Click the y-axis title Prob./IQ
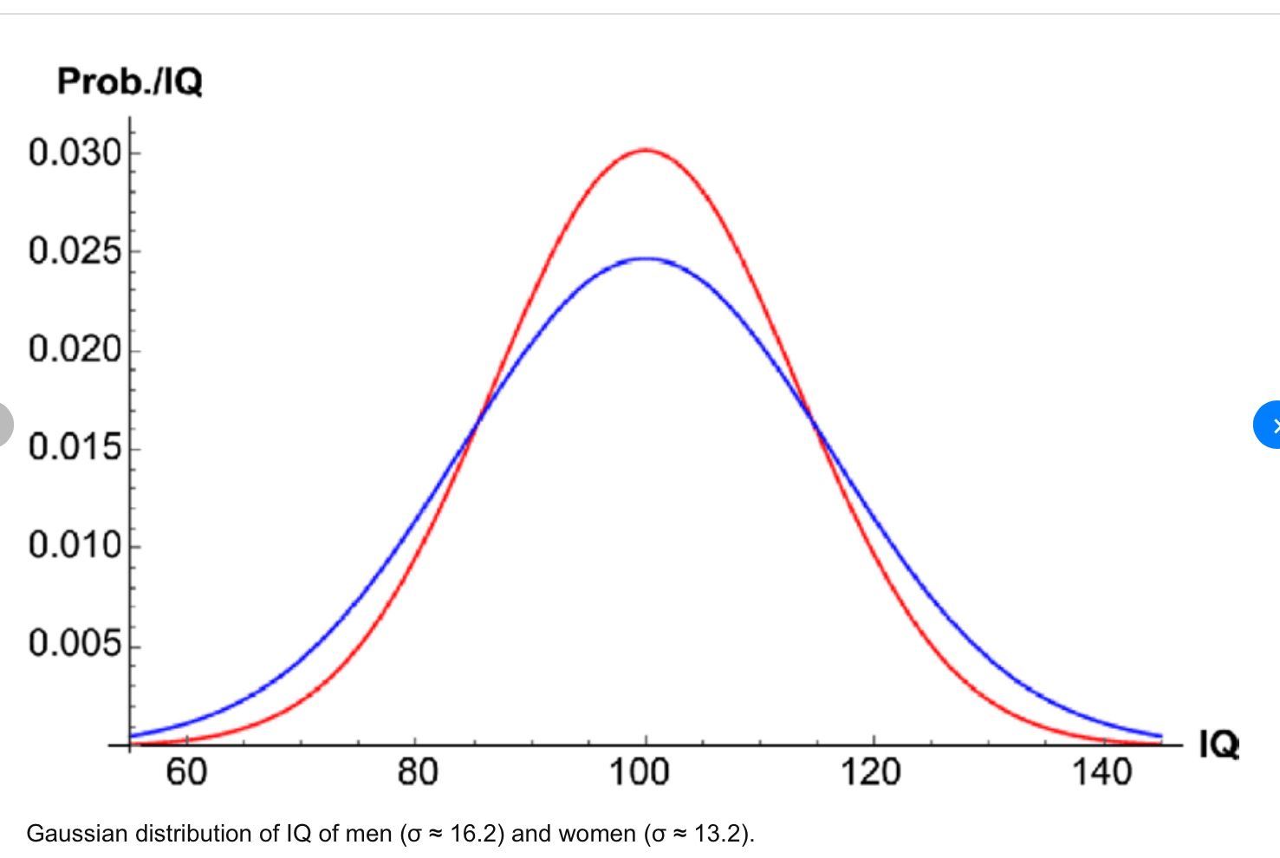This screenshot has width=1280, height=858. [x=130, y=81]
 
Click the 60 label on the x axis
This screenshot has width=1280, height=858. [x=186, y=771]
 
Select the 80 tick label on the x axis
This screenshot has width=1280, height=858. [x=417, y=771]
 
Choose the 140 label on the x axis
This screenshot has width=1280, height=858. [x=1101, y=771]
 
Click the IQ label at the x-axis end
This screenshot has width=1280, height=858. [x=1218, y=744]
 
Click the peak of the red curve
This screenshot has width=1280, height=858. [x=645, y=150]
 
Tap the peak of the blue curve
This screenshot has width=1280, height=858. [x=646, y=258]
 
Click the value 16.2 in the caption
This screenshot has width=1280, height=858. [x=473, y=834]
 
